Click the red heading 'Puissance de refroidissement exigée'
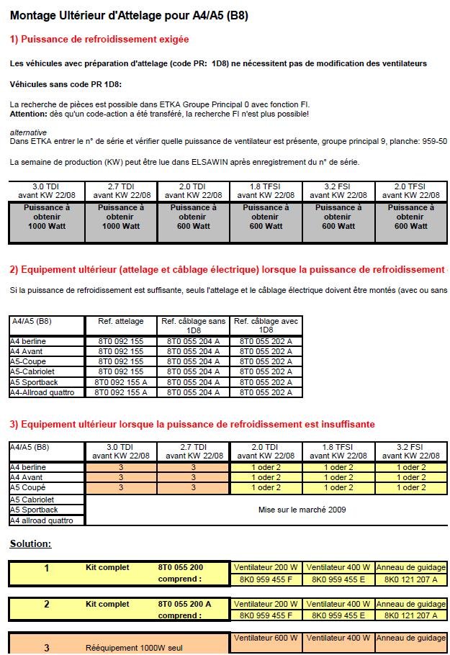click(x=104, y=40)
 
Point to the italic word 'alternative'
click(x=29, y=132)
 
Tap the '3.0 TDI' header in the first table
click(x=48, y=186)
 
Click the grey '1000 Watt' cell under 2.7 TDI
click(x=120, y=226)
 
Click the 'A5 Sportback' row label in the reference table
click(x=34, y=382)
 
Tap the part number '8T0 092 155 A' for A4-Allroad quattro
click(x=120, y=392)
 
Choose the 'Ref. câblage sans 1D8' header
click(x=193, y=325)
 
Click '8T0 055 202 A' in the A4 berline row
click(x=266, y=341)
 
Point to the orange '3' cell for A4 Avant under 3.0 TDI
click(x=120, y=477)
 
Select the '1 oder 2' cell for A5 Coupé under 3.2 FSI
click(x=410, y=487)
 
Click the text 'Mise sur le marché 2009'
click(x=302, y=510)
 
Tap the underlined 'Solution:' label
click(x=30, y=543)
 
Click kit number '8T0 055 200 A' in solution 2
click(x=185, y=604)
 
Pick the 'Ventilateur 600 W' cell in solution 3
click(x=266, y=638)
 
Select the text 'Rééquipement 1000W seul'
click(x=134, y=648)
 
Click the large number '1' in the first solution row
click(x=47, y=569)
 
